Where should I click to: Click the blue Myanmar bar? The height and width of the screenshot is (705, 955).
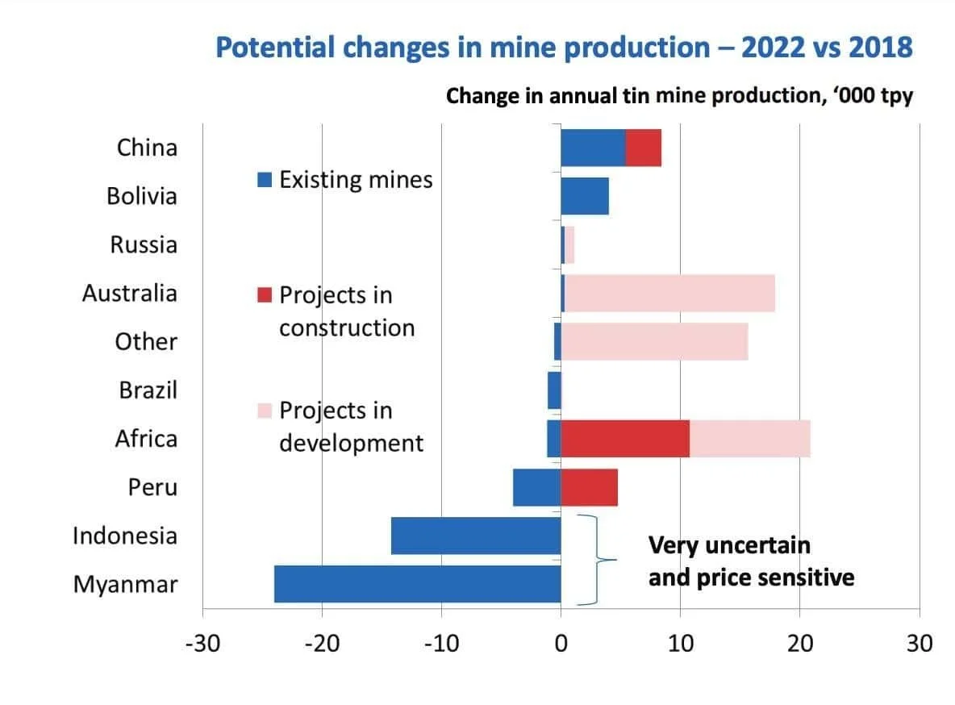(x=417, y=584)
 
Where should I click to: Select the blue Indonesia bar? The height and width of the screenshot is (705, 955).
(x=476, y=536)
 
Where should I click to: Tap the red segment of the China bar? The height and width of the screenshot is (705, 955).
(x=643, y=148)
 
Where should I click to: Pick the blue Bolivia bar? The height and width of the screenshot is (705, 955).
(x=585, y=196)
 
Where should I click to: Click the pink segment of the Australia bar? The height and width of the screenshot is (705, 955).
(x=669, y=293)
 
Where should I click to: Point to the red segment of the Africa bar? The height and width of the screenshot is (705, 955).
(x=625, y=439)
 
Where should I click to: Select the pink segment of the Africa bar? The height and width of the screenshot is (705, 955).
(x=749, y=439)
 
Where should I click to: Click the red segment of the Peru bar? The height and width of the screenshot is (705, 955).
(x=589, y=487)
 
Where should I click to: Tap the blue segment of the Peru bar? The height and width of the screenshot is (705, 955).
(x=536, y=487)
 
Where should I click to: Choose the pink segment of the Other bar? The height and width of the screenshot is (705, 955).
(x=654, y=341)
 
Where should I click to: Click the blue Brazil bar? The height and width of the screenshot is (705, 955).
(x=554, y=390)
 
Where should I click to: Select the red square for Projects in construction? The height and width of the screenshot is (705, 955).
(x=265, y=295)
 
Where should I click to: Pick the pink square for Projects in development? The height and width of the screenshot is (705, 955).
(x=265, y=411)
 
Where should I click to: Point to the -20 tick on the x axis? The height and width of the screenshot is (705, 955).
(x=322, y=643)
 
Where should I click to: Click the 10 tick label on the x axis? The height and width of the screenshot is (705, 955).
(x=680, y=643)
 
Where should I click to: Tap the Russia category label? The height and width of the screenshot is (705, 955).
(x=144, y=244)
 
